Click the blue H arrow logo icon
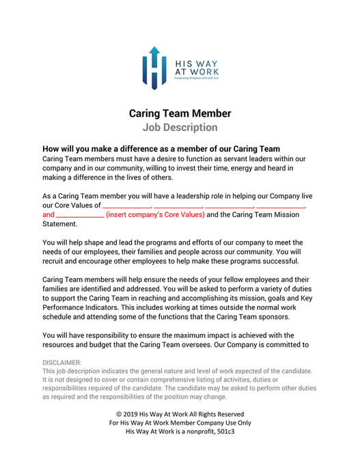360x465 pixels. [x=154, y=68]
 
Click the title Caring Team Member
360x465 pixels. [x=180, y=113]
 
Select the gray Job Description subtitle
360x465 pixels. [x=180, y=127]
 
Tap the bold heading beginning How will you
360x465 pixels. [x=161, y=149]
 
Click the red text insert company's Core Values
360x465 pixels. [x=155, y=214]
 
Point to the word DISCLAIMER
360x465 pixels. [x=62, y=362]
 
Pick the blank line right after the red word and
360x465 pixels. [x=79, y=214]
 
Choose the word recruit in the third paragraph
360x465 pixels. [x=55, y=262]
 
